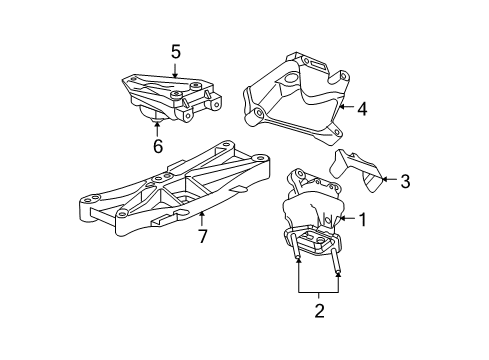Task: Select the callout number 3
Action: point(405,181)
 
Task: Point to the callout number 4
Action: point(362,109)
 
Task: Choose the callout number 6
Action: point(158,147)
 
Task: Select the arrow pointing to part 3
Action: point(388,181)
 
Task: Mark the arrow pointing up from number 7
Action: point(202,220)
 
